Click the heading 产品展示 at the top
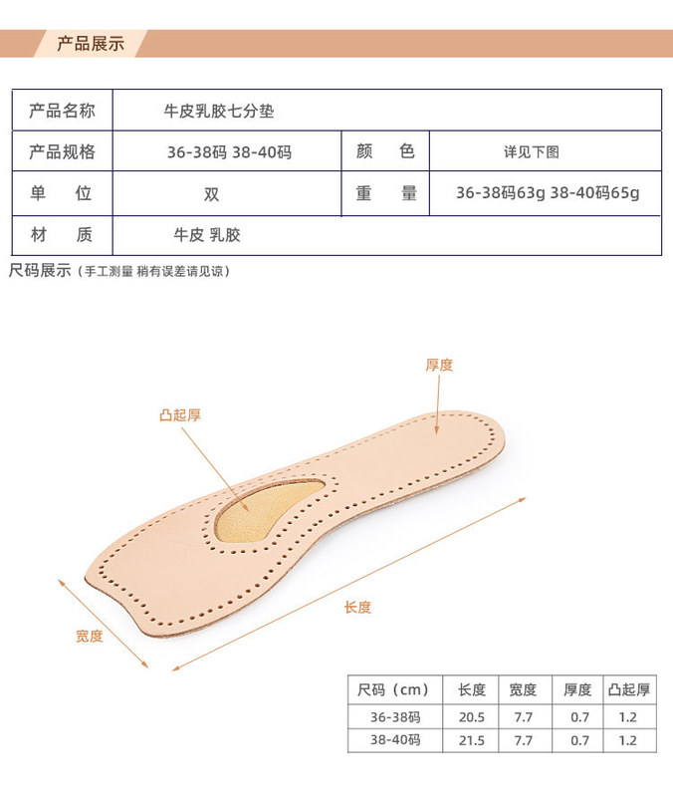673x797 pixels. pos(91,44)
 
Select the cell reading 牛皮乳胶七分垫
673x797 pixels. pos(218,112)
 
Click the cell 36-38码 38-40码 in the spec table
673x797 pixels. pos(229,152)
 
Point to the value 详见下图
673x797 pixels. pos(531,152)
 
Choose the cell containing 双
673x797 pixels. pos(212,194)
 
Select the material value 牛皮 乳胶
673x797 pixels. pos(207,236)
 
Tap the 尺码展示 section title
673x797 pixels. pos(40,270)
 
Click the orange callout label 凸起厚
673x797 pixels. pos(180,415)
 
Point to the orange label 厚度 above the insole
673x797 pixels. pos(439,366)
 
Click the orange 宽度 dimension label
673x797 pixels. pos(90,636)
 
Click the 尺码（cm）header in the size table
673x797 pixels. pos(392,689)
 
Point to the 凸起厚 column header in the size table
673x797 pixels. pos(628,689)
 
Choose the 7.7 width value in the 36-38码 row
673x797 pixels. pos(522,716)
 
